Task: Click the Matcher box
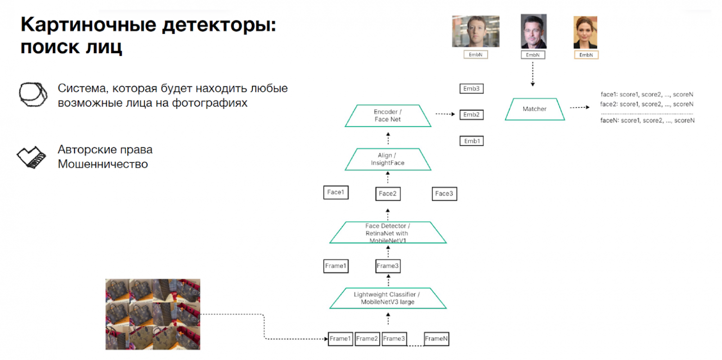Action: coord(535,109)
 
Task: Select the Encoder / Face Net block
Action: coord(388,116)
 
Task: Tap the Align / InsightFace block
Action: coord(388,159)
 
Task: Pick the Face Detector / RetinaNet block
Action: coord(388,233)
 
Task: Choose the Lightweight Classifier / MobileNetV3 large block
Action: coord(388,298)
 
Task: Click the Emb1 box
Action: coord(471,141)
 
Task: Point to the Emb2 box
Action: coord(471,114)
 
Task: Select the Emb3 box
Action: coord(471,88)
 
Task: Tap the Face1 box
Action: coord(336,192)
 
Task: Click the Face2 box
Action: coord(388,194)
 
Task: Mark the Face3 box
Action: coord(444,194)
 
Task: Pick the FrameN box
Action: coord(436,339)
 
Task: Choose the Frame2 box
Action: coord(367,339)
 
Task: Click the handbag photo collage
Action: coord(153,314)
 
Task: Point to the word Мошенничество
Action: coord(103,164)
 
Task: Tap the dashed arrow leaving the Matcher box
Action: coord(580,108)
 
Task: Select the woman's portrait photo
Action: coord(585,32)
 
